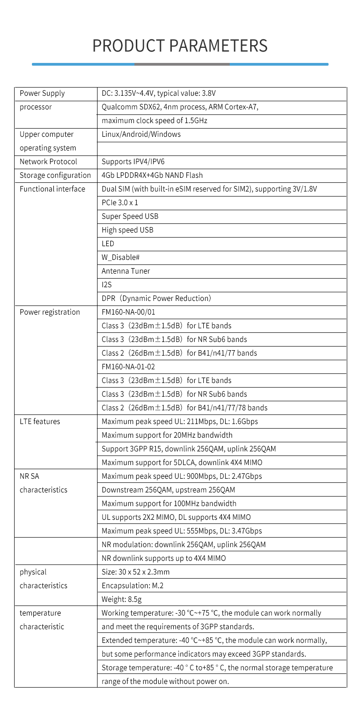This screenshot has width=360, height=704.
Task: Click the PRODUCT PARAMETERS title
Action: [x=180, y=46]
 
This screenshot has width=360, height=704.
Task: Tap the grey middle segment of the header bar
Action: [x=182, y=64]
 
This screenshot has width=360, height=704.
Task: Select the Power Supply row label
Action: [x=42, y=93]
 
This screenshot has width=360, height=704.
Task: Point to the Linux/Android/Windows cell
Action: [x=141, y=135]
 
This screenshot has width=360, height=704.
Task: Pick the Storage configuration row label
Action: [x=55, y=176]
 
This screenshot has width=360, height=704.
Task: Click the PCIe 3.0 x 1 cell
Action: [x=120, y=203]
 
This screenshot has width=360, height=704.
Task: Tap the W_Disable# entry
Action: [x=121, y=258]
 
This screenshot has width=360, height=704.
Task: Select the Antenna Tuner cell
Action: [x=126, y=271]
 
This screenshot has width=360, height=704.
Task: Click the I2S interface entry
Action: [x=107, y=285]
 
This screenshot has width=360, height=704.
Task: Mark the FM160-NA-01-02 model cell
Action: [x=129, y=367]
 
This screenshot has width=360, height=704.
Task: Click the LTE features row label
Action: [x=40, y=422]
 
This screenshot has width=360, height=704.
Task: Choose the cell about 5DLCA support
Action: [x=182, y=463]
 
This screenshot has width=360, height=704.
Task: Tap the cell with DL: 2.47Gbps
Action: [x=182, y=476]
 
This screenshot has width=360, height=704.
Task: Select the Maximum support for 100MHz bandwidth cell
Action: [x=169, y=504]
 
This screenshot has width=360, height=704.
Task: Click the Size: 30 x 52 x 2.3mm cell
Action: [x=136, y=572]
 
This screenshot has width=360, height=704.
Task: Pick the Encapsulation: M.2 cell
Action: [x=133, y=586]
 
